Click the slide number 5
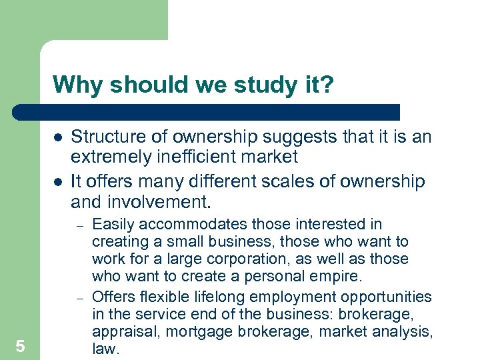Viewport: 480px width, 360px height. pyautogui.click(x=21, y=345)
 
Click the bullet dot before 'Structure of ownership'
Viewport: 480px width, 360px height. pyautogui.click(x=58, y=137)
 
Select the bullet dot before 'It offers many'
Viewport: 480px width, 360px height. pyautogui.click(x=58, y=181)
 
